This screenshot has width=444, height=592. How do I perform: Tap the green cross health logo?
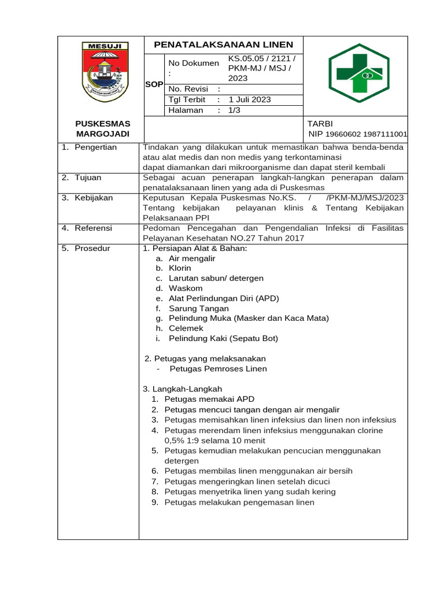359,73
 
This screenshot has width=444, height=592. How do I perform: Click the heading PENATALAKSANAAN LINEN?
223,45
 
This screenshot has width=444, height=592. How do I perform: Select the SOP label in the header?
154,84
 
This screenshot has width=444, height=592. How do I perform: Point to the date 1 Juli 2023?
250,99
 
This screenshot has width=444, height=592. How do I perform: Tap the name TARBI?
321,124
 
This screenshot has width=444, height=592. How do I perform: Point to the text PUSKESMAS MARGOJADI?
103,129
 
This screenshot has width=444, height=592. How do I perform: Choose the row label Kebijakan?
93,198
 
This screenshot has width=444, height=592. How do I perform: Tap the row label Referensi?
93,228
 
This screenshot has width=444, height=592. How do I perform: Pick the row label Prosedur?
92,249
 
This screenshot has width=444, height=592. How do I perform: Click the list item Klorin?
180,268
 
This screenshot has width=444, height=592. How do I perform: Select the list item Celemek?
183,328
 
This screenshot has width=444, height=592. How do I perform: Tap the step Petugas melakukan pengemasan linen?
239,502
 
